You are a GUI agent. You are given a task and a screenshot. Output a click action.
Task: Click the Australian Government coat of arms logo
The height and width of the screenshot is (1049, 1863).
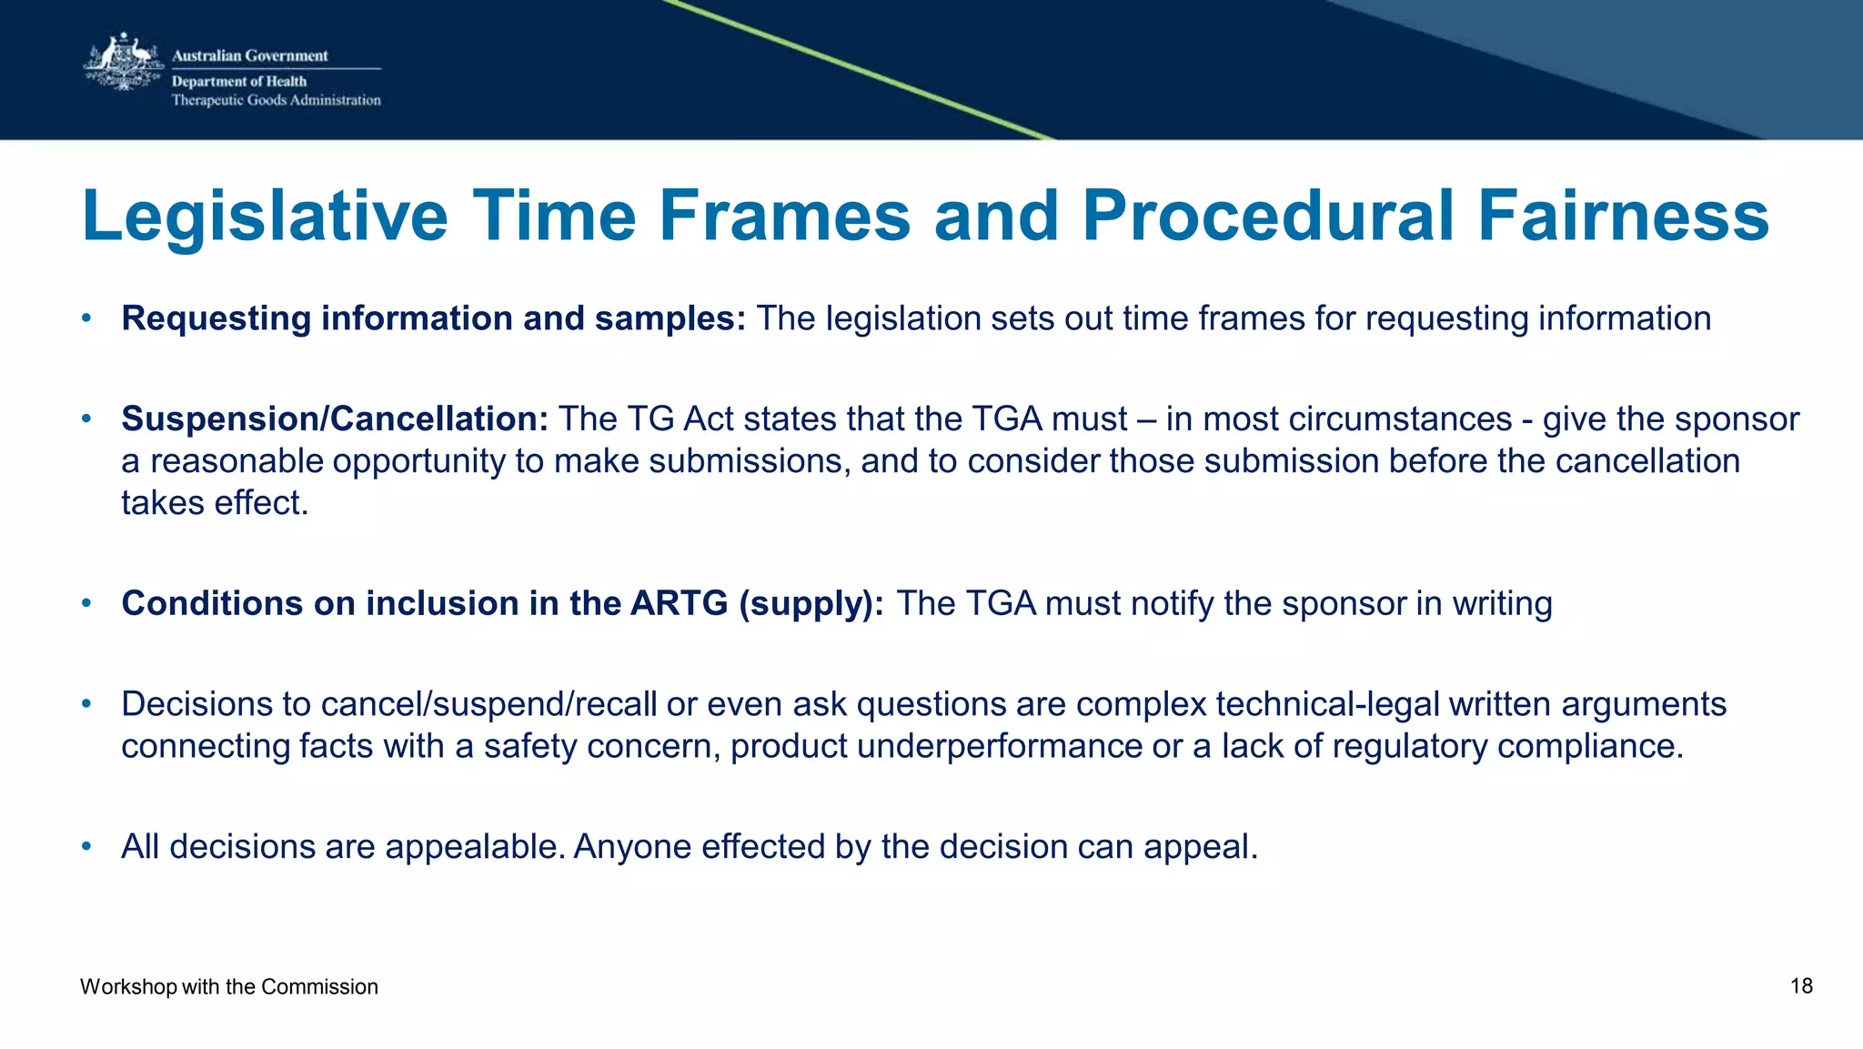click(x=123, y=63)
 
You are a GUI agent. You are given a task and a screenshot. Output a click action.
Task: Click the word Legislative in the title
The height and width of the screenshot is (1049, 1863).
click(x=264, y=217)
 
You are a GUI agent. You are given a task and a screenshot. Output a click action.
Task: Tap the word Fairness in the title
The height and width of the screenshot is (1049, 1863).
click(x=1623, y=217)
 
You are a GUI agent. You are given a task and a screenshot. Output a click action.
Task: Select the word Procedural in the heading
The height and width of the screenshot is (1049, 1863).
click(x=1268, y=217)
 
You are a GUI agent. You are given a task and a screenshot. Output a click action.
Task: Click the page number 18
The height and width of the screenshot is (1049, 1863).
click(x=1801, y=986)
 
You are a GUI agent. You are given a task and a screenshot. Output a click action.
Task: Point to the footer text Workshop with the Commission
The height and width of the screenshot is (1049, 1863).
click(x=228, y=987)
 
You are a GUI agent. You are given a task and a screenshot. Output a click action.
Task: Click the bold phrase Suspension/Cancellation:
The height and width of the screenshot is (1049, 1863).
click(x=335, y=419)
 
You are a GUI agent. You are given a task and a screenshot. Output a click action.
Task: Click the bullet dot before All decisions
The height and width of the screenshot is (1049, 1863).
click(x=86, y=846)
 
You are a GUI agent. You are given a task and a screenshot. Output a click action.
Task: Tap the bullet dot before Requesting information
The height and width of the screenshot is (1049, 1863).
click(x=86, y=318)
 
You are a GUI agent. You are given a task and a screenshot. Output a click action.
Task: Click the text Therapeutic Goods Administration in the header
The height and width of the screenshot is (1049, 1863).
click(x=277, y=100)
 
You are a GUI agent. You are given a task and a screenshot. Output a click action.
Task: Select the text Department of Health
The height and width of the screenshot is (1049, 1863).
click(x=239, y=81)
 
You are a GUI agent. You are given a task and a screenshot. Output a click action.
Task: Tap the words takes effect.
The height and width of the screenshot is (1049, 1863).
click(x=215, y=503)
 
